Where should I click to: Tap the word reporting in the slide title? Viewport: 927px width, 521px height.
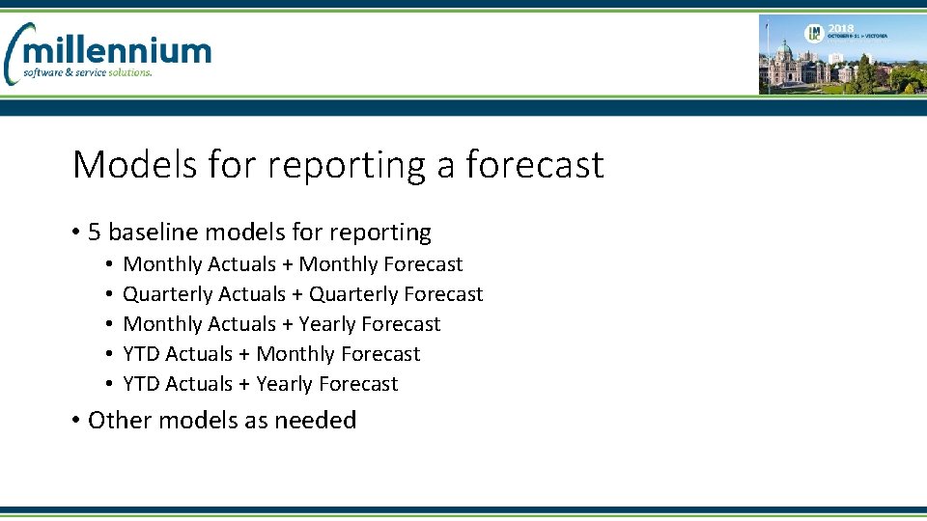click(x=345, y=166)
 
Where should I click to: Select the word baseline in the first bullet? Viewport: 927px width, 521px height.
click(x=153, y=233)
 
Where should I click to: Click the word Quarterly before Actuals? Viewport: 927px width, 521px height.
click(x=168, y=294)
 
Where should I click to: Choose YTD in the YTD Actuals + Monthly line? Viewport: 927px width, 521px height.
click(x=141, y=354)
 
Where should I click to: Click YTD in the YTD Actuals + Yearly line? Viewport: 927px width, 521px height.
click(x=141, y=384)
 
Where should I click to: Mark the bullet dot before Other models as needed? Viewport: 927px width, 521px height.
click(x=75, y=421)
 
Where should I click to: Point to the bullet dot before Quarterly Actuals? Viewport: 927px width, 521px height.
click(x=111, y=294)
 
